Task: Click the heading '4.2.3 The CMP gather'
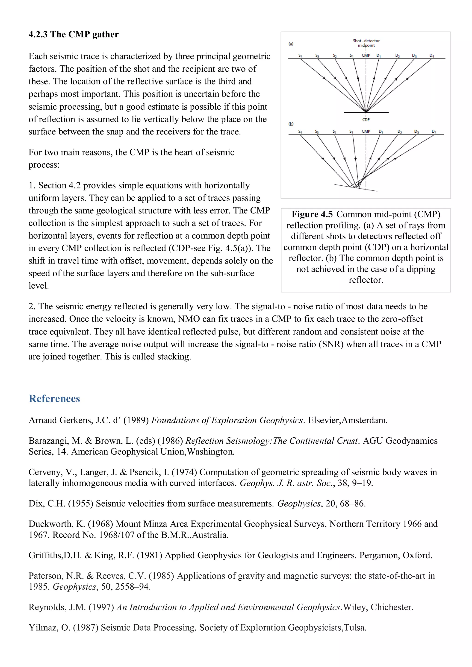tap(73, 34)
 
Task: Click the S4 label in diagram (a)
tap(300, 55)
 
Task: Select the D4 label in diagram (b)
tap(434, 132)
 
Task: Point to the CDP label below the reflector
tap(366, 119)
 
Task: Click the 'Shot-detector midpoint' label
tap(366, 43)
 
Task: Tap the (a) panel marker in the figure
tap(291, 44)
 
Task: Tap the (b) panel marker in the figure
tap(291, 124)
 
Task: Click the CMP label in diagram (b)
tap(366, 131)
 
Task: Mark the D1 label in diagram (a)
tap(378, 55)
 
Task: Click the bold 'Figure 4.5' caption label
tap(312, 214)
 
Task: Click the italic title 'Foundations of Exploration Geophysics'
tap(227, 420)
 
